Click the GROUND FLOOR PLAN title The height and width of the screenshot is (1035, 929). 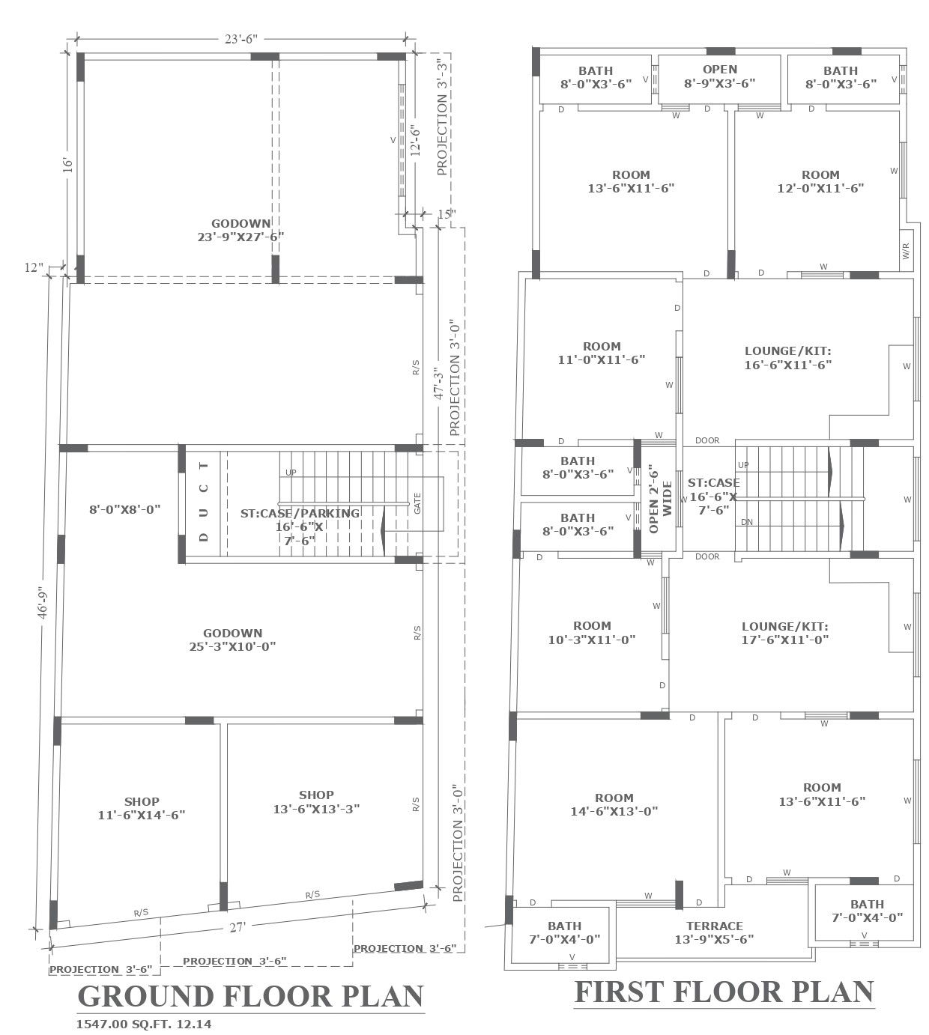(251, 996)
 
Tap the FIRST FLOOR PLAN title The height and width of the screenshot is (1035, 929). (724, 991)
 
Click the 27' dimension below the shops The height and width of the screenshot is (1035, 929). (237, 927)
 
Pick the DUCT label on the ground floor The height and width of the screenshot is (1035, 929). (203, 501)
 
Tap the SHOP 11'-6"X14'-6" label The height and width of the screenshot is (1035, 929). (142, 808)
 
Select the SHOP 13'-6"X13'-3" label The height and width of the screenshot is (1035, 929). (316, 802)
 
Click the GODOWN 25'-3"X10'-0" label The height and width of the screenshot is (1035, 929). (232, 640)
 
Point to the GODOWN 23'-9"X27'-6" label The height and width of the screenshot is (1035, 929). (240, 230)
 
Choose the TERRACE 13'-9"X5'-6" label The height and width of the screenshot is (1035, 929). (714, 932)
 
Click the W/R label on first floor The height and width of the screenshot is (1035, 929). (906, 251)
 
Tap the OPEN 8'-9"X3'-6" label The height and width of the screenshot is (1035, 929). (719, 76)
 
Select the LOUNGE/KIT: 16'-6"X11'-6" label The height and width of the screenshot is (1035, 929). (788, 358)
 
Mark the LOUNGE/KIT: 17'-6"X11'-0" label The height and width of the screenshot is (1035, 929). (784, 633)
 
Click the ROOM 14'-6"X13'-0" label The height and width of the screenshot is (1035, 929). (614, 804)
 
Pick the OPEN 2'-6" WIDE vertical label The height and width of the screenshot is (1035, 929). (660, 499)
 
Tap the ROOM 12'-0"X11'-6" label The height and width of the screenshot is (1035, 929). (820, 181)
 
